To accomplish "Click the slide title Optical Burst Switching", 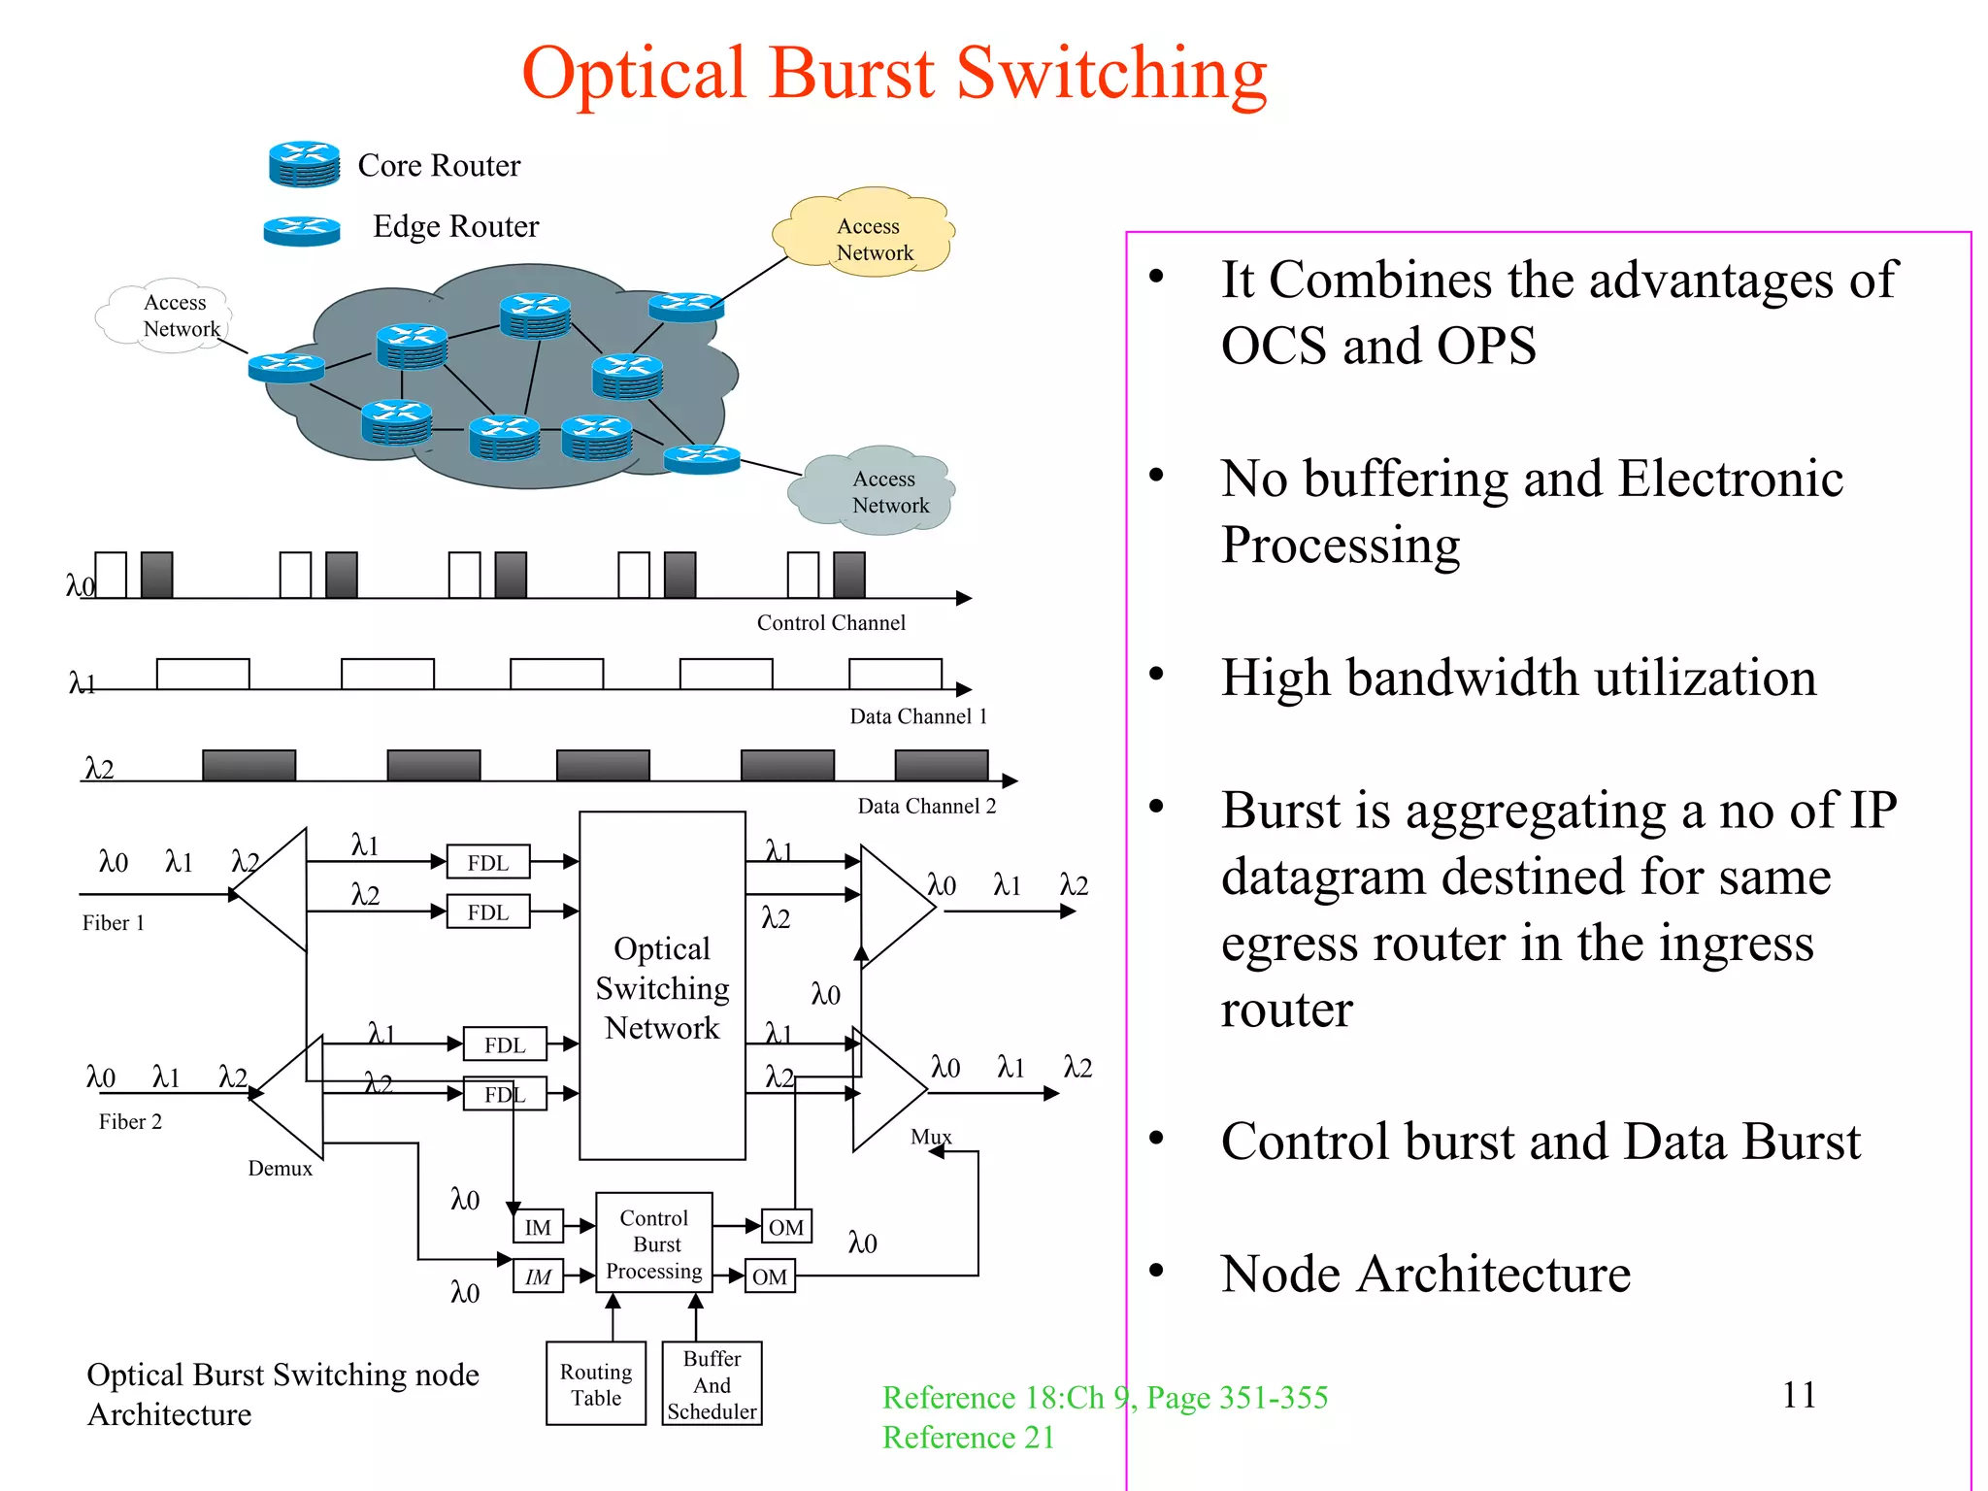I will [894, 74].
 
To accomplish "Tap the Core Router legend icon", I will [304, 164].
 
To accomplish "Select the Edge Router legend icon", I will [302, 230].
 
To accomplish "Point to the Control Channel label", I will [831, 622].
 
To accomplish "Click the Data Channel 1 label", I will [917, 716].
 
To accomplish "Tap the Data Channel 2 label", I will [926, 806].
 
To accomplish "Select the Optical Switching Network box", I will [662, 986].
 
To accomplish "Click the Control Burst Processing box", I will [654, 1243].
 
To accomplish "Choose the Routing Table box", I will [596, 1384].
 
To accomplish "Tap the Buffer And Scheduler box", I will [712, 1384].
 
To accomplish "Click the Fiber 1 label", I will [113, 923].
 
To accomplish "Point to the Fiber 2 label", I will [130, 1122].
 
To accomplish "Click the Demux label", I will [280, 1169].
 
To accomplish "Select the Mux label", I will [930, 1137].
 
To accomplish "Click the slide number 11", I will [1798, 1395].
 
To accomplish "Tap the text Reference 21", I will [968, 1438].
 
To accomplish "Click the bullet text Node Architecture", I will [1425, 1275].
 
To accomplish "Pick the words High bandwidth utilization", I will [1518, 678].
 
